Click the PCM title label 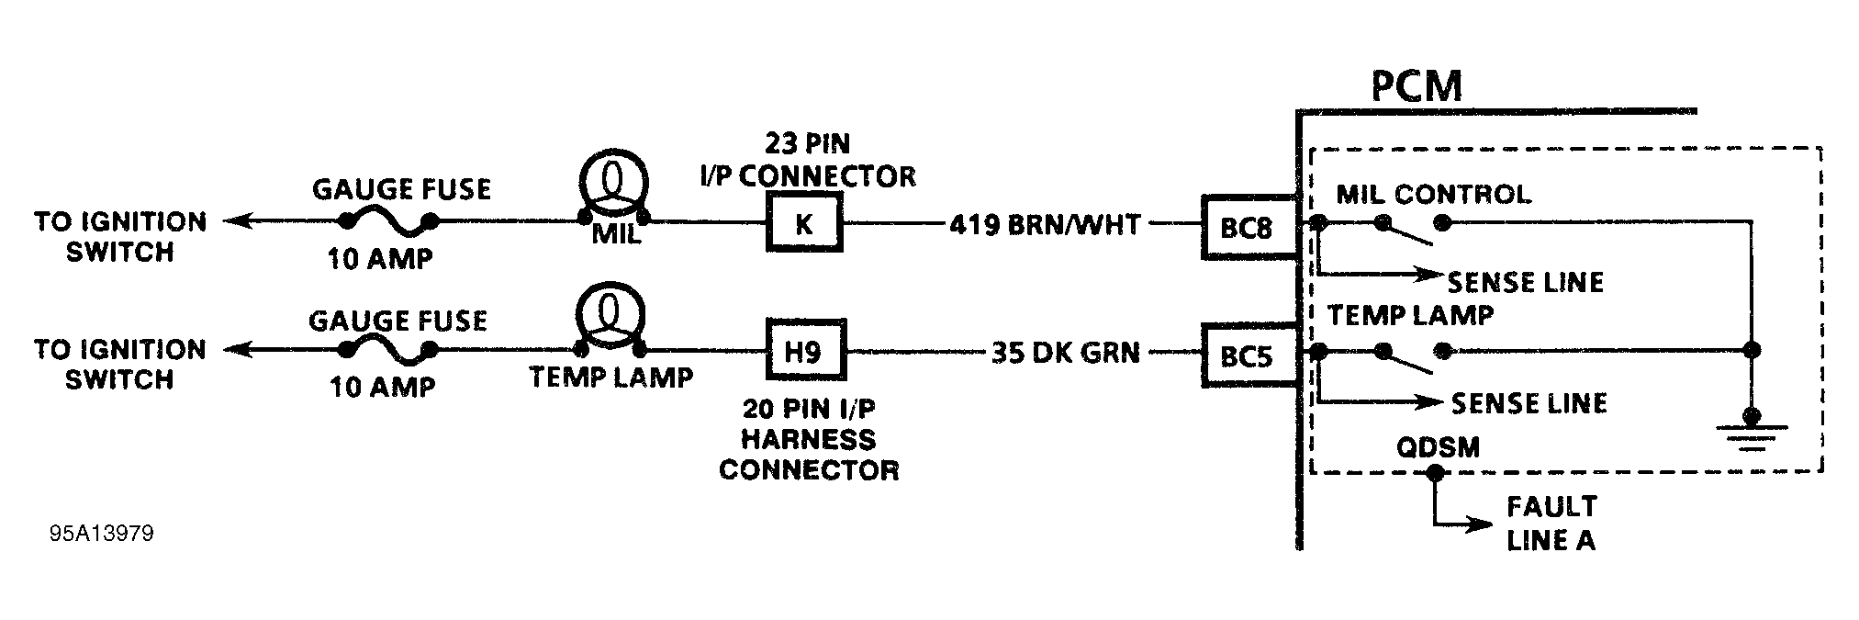1416,86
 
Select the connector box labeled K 804,223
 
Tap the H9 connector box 805,351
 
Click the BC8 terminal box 1247,227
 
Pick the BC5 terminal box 1247,355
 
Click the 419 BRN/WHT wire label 1044,224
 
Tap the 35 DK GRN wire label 1065,353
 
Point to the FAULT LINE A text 1551,523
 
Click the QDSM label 1438,448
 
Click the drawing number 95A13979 102,534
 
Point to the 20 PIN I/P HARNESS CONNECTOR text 808,439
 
